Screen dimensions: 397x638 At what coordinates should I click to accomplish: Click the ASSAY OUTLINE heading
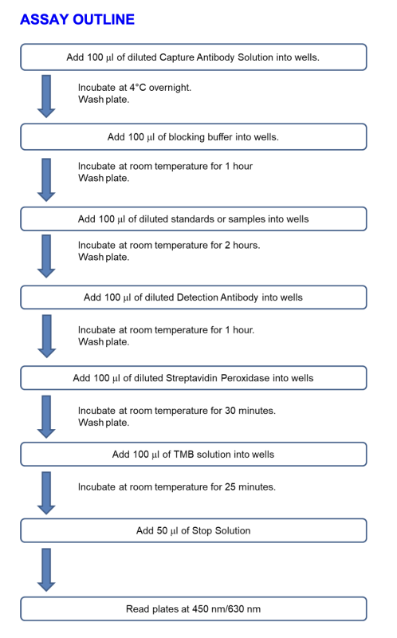pyautogui.click(x=77, y=19)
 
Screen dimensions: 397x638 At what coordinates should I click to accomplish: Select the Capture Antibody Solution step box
pyautogui.click(x=194, y=57)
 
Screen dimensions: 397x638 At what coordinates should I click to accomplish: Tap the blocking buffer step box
pyautogui.click(x=194, y=136)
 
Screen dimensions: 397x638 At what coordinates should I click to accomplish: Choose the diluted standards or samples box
pyautogui.click(x=194, y=219)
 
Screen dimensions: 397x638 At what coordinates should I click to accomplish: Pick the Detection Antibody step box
pyautogui.click(x=194, y=297)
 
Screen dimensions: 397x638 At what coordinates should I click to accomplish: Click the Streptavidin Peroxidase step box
pyautogui.click(x=194, y=378)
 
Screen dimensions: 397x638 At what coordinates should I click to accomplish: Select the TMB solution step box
pyautogui.click(x=194, y=454)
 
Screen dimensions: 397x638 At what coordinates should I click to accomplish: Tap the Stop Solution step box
pyautogui.click(x=194, y=530)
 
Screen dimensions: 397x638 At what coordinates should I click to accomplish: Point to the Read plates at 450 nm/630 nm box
pyautogui.click(x=194, y=608)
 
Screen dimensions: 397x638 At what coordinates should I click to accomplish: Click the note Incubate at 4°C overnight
pyautogui.click(x=135, y=88)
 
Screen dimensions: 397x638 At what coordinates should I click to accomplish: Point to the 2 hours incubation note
pyautogui.click(x=169, y=246)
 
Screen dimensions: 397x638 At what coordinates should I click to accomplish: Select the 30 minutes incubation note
pyautogui.click(x=176, y=411)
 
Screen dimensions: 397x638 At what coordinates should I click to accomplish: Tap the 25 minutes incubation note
pyautogui.click(x=176, y=487)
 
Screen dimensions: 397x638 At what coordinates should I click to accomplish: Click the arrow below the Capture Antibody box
pyautogui.click(x=46, y=96)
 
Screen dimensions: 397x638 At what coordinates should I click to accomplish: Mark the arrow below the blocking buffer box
pyautogui.click(x=46, y=180)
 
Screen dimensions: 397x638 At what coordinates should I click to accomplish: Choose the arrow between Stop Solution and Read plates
pyautogui.click(x=46, y=569)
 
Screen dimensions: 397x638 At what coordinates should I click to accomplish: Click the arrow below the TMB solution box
pyautogui.click(x=46, y=493)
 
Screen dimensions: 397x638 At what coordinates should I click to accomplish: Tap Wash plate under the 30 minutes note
pyautogui.click(x=104, y=423)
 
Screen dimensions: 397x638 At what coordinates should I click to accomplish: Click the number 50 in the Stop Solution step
pyautogui.click(x=162, y=530)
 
